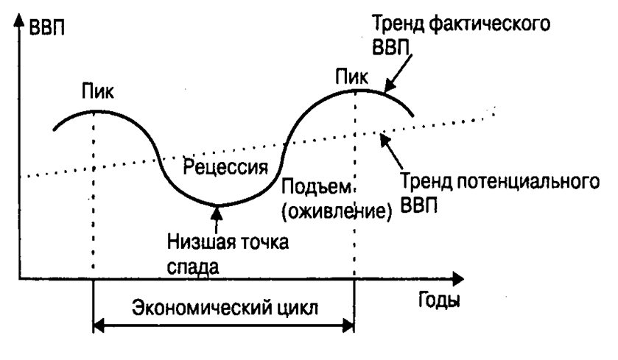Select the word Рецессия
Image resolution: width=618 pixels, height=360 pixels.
[x=225, y=166]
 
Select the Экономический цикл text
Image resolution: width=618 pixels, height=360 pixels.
[x=224, y=308]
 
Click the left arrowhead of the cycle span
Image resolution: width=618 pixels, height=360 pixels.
[x=99, y=325]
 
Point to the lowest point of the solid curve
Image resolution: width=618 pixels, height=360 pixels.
[x=217, y=204]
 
